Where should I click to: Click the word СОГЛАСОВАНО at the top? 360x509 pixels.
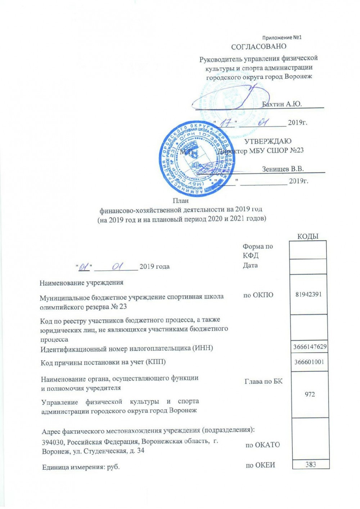click(258, 46)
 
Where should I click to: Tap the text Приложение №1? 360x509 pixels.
click(282, 37)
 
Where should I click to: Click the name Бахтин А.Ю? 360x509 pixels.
click(282, 104)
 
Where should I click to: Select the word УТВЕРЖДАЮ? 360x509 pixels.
click(268, 141)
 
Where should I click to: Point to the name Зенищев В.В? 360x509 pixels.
click(283, 169)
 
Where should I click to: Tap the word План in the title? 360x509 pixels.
click(181, 201)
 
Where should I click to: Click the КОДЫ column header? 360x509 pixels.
click(308, 236)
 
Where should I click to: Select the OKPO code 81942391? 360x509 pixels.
click(309, 294)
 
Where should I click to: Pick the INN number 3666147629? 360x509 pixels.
click(310, 347)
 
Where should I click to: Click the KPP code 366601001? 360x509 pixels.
click(309, 362)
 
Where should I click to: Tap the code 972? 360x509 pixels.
click(310, 394)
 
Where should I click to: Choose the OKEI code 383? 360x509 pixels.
click(311, 464)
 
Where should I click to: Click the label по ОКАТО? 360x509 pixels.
click(262, 445)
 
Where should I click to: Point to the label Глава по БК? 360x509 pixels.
click(264, 381)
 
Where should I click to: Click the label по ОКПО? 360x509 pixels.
click(258, 295)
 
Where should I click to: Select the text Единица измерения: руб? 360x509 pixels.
click(81, 467)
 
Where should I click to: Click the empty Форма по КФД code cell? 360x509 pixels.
click(308, 250)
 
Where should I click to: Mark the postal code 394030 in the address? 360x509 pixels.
click(53, 442)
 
